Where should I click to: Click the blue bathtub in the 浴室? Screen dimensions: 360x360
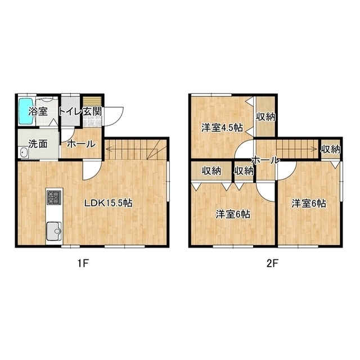point(25,111)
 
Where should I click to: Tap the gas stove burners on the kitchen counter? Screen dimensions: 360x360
point(54,197)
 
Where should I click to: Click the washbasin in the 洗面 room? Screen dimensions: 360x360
point(24,152)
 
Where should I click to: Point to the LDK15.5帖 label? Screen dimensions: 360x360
point(109,203)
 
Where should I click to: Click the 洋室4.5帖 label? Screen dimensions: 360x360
point(222,128)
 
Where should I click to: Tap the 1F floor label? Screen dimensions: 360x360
point(83,264)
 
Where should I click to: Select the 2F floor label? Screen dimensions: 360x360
point(272,264)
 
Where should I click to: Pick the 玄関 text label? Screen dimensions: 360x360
point(92,111)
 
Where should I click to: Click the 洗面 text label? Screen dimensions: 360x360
point(38,144)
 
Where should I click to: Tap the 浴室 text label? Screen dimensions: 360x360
point(38,111)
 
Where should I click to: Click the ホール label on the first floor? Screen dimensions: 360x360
point(81,144)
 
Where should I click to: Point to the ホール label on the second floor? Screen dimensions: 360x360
point(266,160)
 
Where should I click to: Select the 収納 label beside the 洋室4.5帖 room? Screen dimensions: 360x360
point(265,117)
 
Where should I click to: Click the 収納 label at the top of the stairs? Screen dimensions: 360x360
point(331,150)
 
